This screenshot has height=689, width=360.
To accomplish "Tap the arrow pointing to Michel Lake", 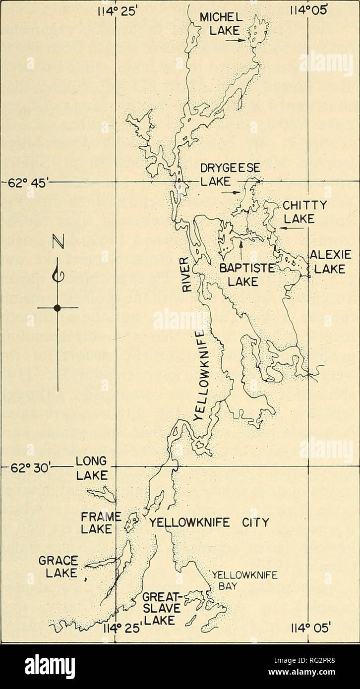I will [239, 42].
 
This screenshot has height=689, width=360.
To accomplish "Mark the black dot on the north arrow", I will [58, 308].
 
